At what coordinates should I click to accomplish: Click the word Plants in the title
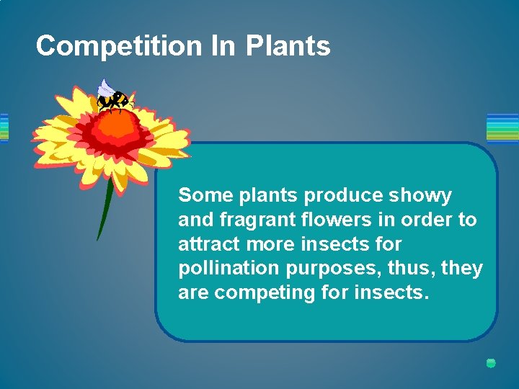coord(288,46)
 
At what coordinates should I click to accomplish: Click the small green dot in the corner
coord(491,363)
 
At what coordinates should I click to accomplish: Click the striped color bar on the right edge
coord(502,128)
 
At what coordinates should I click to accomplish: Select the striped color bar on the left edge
coord(4,128)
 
